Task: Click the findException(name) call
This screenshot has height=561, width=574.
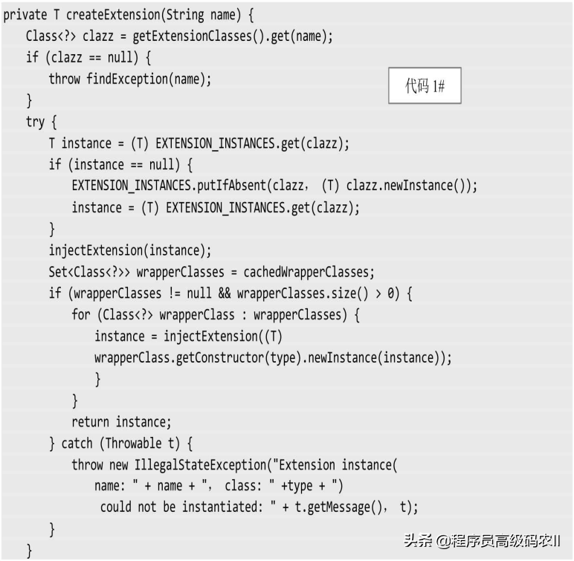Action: point(149,79)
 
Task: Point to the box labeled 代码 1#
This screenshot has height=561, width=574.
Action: point(425,86)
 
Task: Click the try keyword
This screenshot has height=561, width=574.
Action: point(36,122)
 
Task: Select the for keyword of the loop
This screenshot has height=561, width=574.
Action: point(80,315)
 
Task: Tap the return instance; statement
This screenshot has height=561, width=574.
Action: point(121,422)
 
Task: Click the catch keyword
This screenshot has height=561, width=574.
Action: point(77,444)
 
